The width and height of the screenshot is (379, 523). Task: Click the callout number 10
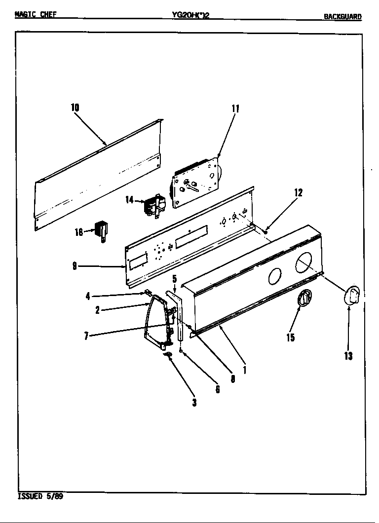pyautogui.click(x=75, y=108)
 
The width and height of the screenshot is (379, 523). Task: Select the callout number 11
pyautogui.click(x=235, y=109)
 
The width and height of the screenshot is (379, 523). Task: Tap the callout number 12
pyautogui.click(x=298, y=192)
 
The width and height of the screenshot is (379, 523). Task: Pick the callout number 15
pyautogui.click(x=290, y=337)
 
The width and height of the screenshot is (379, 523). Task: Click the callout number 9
pyautogui.click(x=74, y=266)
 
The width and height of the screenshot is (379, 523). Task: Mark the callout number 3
pyautogui.click(x=194, y=403)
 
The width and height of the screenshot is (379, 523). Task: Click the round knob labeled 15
pyautogui.click(x=305, y=299)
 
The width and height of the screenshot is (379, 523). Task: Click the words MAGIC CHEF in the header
pyautogui.click(x=36, y=14)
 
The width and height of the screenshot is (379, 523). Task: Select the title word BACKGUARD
pyautogui.click(x=342, y=16)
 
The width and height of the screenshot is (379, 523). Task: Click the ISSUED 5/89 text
pyautogui.click(x=40, y=496)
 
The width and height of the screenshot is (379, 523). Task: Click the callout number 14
pyautogui.click(x=129, y=200)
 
